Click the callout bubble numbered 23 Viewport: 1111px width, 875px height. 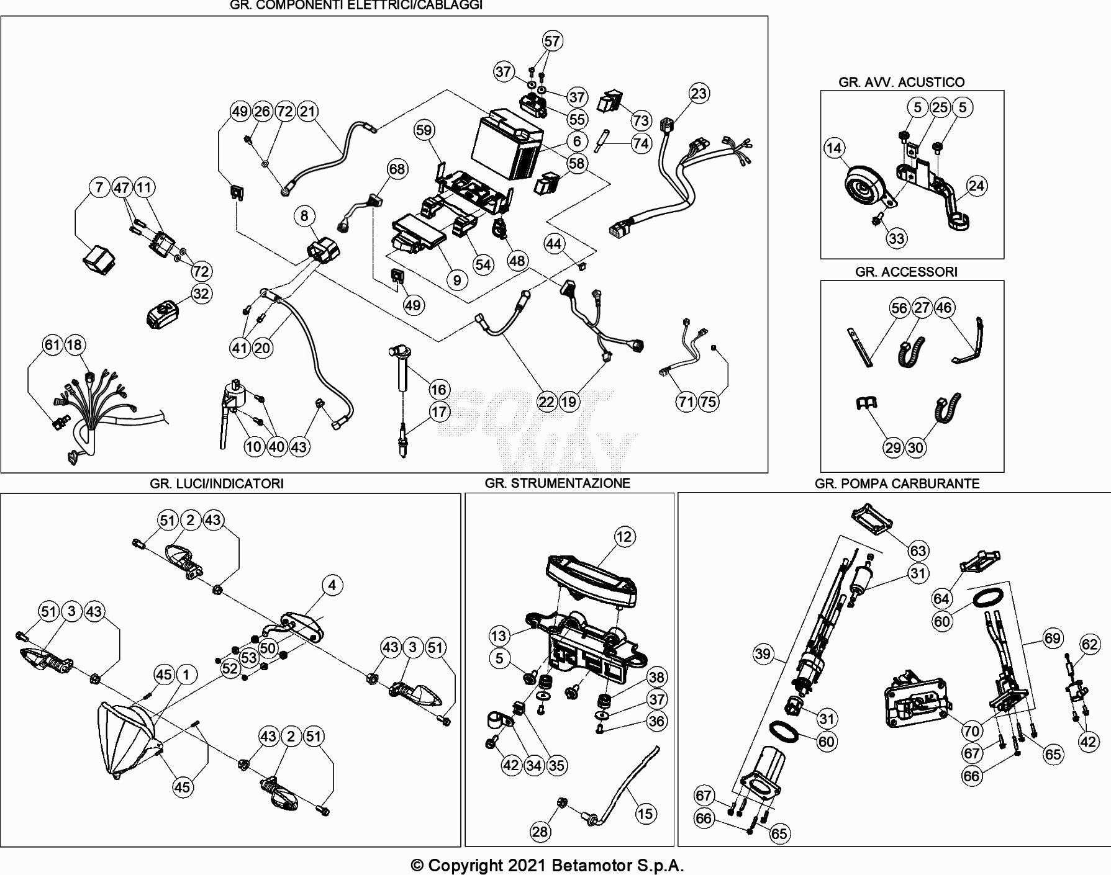[x=699, y=93]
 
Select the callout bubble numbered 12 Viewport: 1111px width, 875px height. [x=624, y=537]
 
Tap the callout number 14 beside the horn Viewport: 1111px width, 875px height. [x=835, y=148]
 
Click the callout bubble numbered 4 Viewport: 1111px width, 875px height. [x=332, y=585]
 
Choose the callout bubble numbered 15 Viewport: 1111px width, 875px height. [x=645, y=814]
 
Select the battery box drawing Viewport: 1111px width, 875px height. [x=507, y=145]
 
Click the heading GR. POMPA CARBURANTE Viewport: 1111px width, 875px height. [x=897, y=483]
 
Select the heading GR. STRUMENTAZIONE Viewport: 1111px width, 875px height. [x=557, y=483]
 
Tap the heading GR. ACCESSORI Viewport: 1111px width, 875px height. [x=906, y=271]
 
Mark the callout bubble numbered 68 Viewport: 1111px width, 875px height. [x=396, y=169]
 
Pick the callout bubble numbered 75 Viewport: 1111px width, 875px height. [x=708, y=402]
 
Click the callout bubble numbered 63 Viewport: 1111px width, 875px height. [x=918, y=550]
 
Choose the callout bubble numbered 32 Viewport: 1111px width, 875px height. [x=201, y=294]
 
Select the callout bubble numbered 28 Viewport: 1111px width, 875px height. [x=540, y=832]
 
